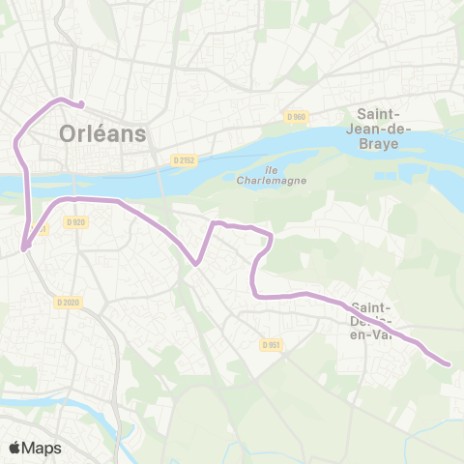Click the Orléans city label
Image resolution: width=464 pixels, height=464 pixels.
coord(101,133)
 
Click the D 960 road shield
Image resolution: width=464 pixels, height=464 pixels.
coord(296,117)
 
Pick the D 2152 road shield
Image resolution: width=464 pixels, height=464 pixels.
coord(184,159)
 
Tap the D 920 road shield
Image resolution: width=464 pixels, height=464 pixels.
coord(77,221)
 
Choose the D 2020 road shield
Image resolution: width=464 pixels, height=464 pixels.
coord(66,302)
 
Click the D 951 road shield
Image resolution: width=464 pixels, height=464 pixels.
coord(270,343)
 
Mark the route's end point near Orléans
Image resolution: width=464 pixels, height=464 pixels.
coord(81,104)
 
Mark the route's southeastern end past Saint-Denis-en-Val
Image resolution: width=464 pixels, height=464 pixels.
coord(448,363)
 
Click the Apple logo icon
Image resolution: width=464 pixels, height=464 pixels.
coord(16,448)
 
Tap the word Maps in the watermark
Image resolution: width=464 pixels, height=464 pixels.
coord(43,448)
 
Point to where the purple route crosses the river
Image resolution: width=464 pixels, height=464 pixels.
coord(25,181)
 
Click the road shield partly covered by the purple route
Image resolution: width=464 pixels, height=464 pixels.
coord(39,229)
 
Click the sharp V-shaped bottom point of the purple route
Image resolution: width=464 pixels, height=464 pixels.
coord(197,262)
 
